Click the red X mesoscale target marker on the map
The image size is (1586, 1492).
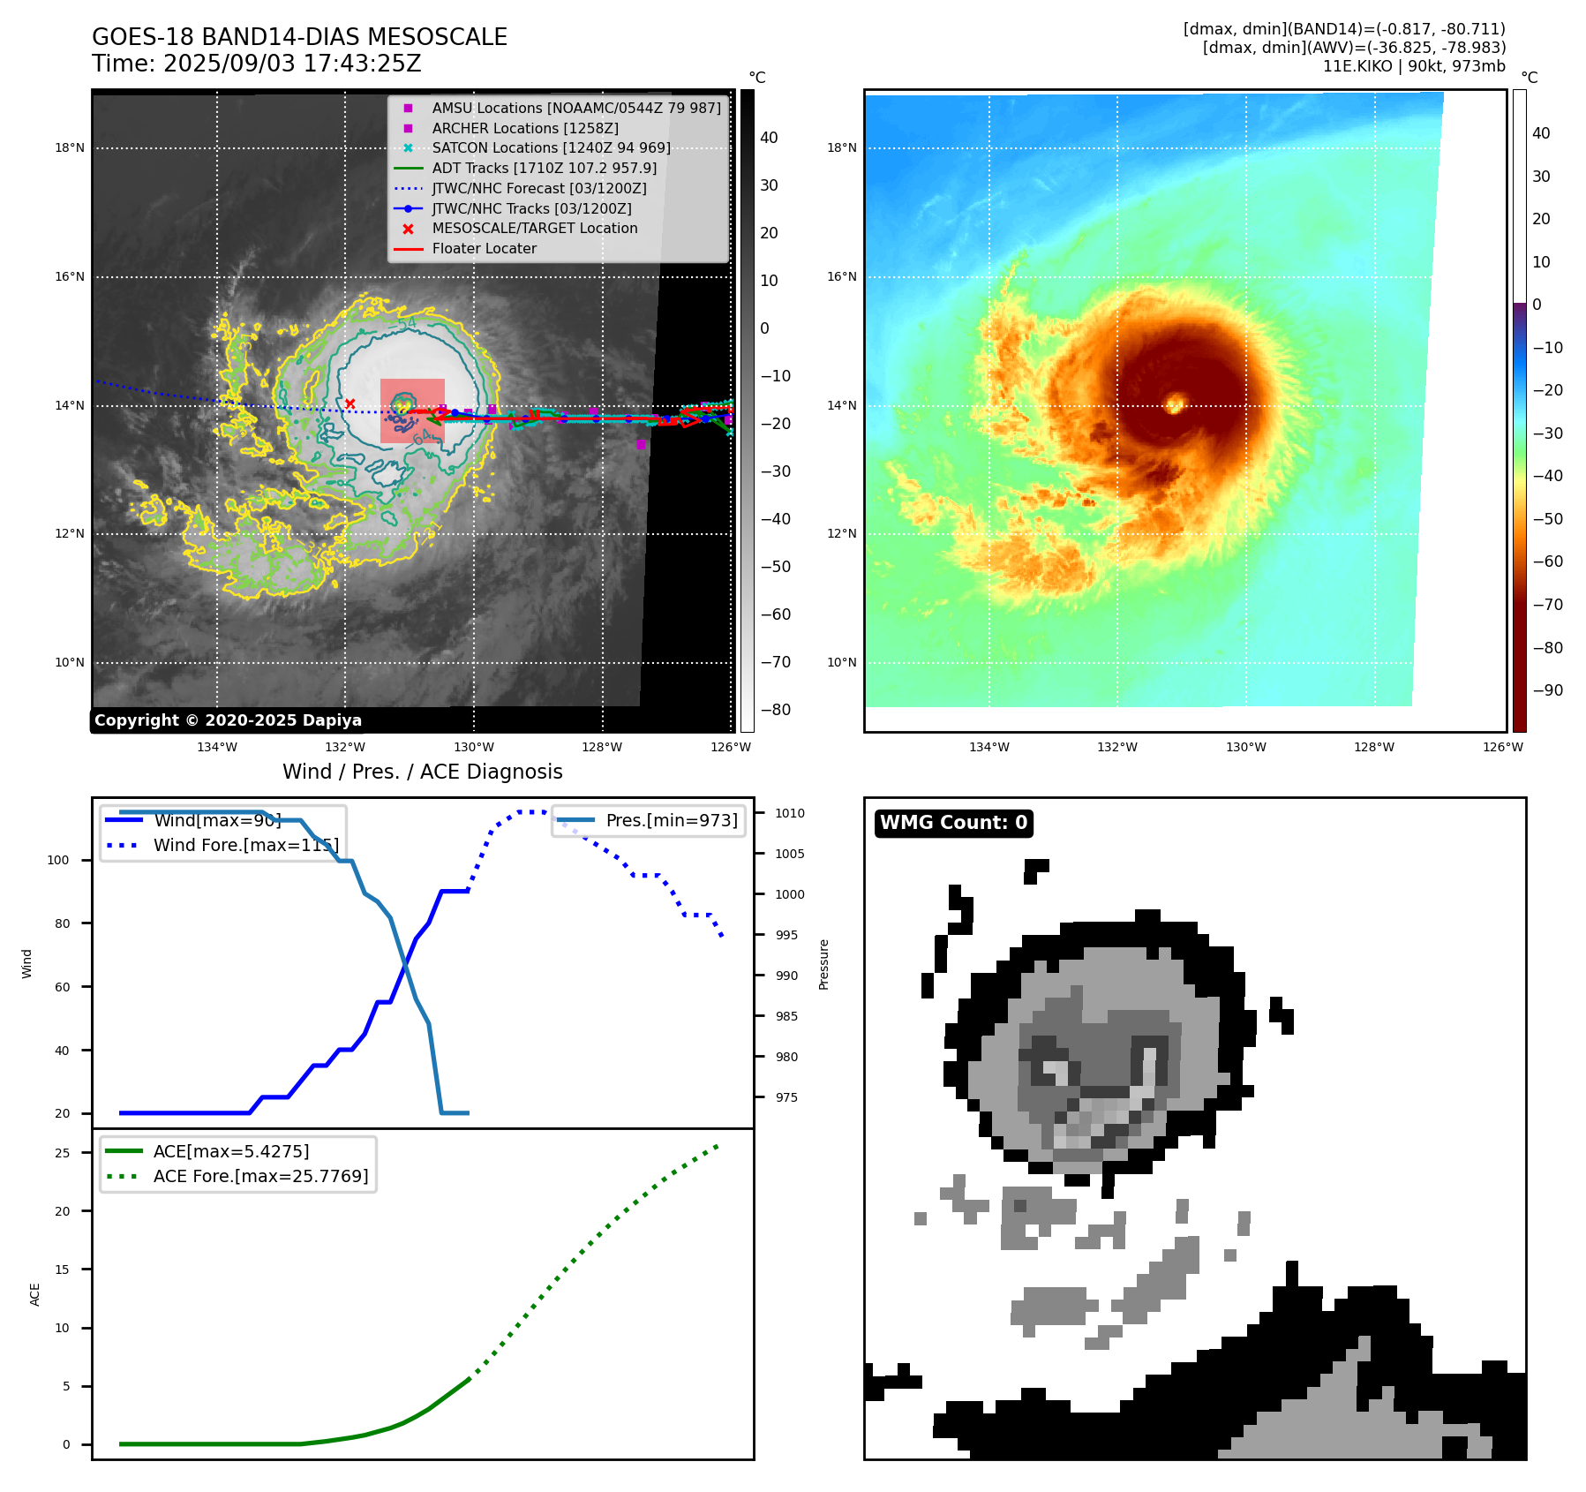(350, 403)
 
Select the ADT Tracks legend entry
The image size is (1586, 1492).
(544, 168)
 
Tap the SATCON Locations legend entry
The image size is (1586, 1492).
(551, 147)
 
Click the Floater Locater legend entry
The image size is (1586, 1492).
(484, 248)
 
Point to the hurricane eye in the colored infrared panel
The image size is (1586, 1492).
(1175, 403)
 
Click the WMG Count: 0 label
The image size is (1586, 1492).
(953, 823)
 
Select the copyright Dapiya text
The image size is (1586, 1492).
(228, 720)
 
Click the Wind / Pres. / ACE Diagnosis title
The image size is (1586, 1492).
(422, 772)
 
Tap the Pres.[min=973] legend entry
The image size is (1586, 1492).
(671, 820)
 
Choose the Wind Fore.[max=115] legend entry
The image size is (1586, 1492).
(245, 845)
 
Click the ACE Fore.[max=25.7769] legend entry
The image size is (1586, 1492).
(260, 1176)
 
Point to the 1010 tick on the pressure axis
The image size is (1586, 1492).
(789, 813)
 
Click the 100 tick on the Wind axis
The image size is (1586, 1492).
(58, 860)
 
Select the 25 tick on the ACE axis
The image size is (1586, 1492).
(62, 1153)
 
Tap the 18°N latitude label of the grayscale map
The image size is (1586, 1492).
(70, 147)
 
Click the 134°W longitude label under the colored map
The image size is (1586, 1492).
(988, 747)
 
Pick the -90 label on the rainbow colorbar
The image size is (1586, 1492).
(1547, 690)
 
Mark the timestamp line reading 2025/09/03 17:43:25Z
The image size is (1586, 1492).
(256, 64)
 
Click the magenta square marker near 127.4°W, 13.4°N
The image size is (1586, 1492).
(641, 444)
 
